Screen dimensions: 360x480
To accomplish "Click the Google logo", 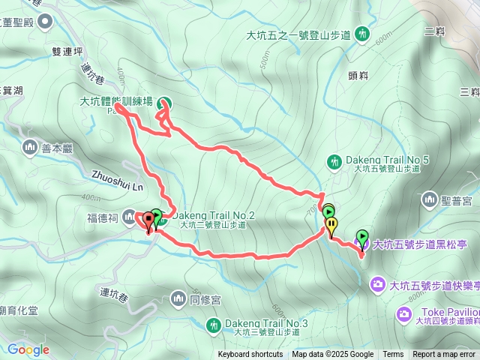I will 28,349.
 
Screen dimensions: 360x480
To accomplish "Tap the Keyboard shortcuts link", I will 250,355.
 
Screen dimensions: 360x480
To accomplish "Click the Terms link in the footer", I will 393,355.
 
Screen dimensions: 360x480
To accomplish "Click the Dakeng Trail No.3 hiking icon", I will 214,324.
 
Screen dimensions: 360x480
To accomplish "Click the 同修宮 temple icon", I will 178,299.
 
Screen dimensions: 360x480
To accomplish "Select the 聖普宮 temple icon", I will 430,199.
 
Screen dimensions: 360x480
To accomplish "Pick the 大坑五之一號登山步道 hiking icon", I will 363,34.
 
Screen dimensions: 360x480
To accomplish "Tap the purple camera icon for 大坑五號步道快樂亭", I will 379,283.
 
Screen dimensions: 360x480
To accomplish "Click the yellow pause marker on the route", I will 331,224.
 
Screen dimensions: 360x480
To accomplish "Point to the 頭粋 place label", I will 358,75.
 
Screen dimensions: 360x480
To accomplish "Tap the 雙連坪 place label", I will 67,52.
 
